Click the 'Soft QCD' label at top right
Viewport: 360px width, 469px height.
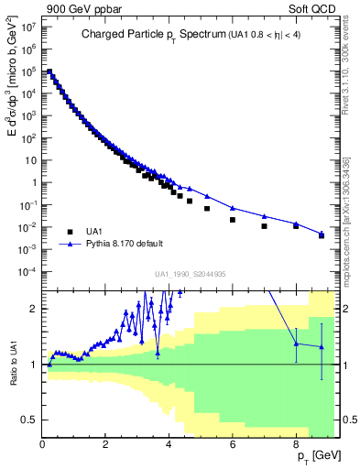point(317,10)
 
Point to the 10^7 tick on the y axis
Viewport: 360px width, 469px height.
point(28,27)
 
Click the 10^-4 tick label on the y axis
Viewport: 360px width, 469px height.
point(28,271)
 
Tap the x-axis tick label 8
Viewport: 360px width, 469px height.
point(296,444)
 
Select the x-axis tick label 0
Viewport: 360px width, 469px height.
point(43,444)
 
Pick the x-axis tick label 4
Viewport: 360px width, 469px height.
point(169,444)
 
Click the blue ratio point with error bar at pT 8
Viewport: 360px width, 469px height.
point(296,344)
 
